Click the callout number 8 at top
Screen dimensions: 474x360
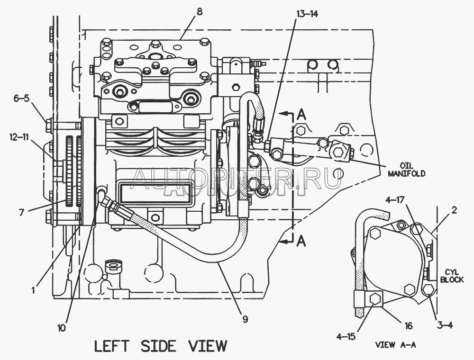coord(199,12)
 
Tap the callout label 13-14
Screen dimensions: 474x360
coord(307,14)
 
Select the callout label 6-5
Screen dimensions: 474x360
coord(21,99)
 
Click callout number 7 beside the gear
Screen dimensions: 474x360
coord(21,213)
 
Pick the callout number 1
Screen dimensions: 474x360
coord(34,290)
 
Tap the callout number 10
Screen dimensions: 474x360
coord(62,328)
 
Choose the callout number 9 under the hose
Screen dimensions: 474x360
coord(245,319)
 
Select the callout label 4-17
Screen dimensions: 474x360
coord(395,200)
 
